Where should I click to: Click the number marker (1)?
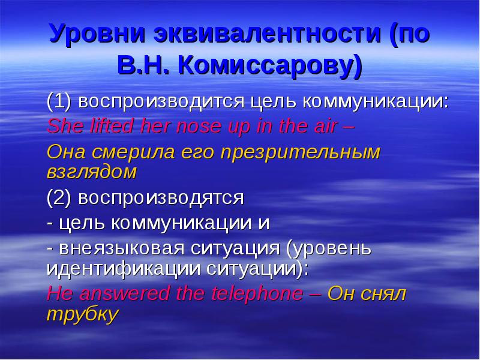click(x=59, y=100)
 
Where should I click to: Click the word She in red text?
click(x=63, y=126)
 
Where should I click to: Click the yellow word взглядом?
click(x=91, y=173)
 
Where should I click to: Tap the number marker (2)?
click(x=59, y=197)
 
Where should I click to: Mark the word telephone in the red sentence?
click(x=259, y=293)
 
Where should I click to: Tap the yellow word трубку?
click(x=80, y=315)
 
